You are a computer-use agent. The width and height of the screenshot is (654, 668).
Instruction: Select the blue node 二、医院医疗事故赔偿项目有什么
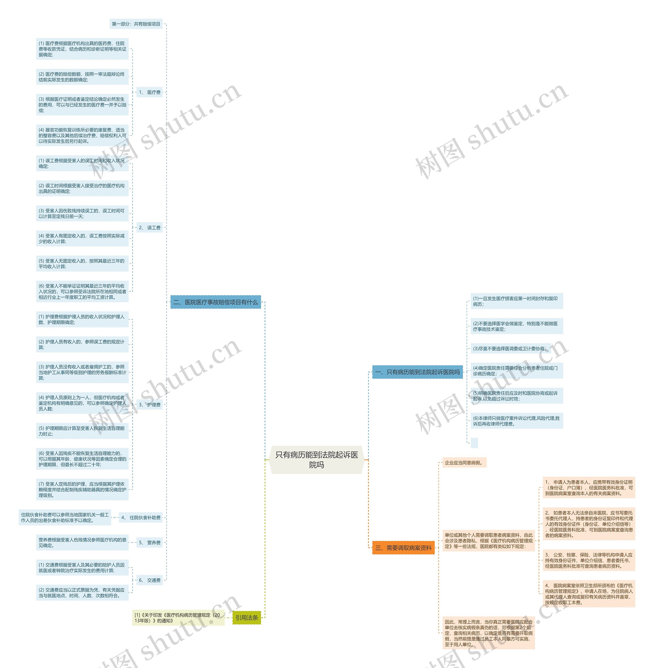pos(216,302)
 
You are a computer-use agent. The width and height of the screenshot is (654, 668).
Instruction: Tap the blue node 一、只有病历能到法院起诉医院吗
pos(417,372)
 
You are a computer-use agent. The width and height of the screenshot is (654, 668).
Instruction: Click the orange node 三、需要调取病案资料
pos(403,548)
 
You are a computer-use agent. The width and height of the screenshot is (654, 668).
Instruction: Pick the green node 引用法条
pos(246,617)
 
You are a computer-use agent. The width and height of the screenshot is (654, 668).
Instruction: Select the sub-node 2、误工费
pos(150,227)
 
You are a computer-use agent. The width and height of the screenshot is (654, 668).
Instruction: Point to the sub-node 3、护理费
pos(150,405)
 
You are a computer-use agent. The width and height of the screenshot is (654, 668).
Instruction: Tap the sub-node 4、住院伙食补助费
pos(141,518)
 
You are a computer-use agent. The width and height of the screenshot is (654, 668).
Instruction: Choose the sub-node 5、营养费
pos(150,543)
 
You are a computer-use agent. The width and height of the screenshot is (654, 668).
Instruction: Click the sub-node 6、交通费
pos(150,580)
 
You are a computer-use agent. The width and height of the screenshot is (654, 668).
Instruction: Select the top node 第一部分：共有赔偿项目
pos(136,24)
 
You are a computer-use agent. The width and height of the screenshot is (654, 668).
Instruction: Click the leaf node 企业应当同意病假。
pos(464,463)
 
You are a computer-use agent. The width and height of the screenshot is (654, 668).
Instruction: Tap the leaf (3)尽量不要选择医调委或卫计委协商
pos(510,349)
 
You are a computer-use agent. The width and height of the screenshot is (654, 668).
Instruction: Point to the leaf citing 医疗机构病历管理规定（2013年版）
pos(178,617)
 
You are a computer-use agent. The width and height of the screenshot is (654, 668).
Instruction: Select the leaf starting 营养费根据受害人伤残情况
pos(83,543)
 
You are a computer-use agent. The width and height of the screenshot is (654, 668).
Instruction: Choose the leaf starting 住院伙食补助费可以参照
pos(65,518)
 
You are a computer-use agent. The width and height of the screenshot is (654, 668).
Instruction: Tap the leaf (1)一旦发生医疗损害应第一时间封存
pos(517,301)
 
